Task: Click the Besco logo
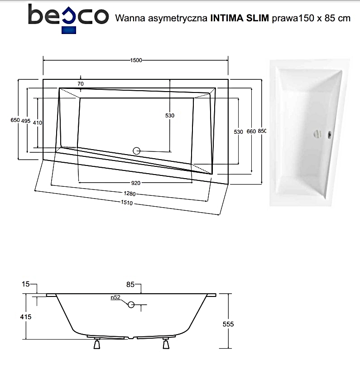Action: [68, 19]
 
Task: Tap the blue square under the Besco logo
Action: [69, 30]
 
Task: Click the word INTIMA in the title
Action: [226, 18]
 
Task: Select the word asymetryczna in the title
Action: [178, 19]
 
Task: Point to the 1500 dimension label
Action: [136, 60]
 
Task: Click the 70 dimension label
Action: [81, 83]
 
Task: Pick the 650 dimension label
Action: [15, 120]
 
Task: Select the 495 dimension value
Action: [26, 121]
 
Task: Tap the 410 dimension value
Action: [38, 123]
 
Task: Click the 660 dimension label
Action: [251, 131]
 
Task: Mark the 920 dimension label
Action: [136, 183]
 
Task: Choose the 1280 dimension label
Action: [130, 194]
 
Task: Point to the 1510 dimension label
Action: [127, 203]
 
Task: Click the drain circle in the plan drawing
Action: [136, 151]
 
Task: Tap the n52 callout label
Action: [115, 297]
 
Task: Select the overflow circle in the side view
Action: [131, 305]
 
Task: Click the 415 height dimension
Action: [26, 316]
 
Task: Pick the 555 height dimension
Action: [228, 324]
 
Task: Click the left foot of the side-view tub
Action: [97, 344]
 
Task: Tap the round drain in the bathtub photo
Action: [317, 134]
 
